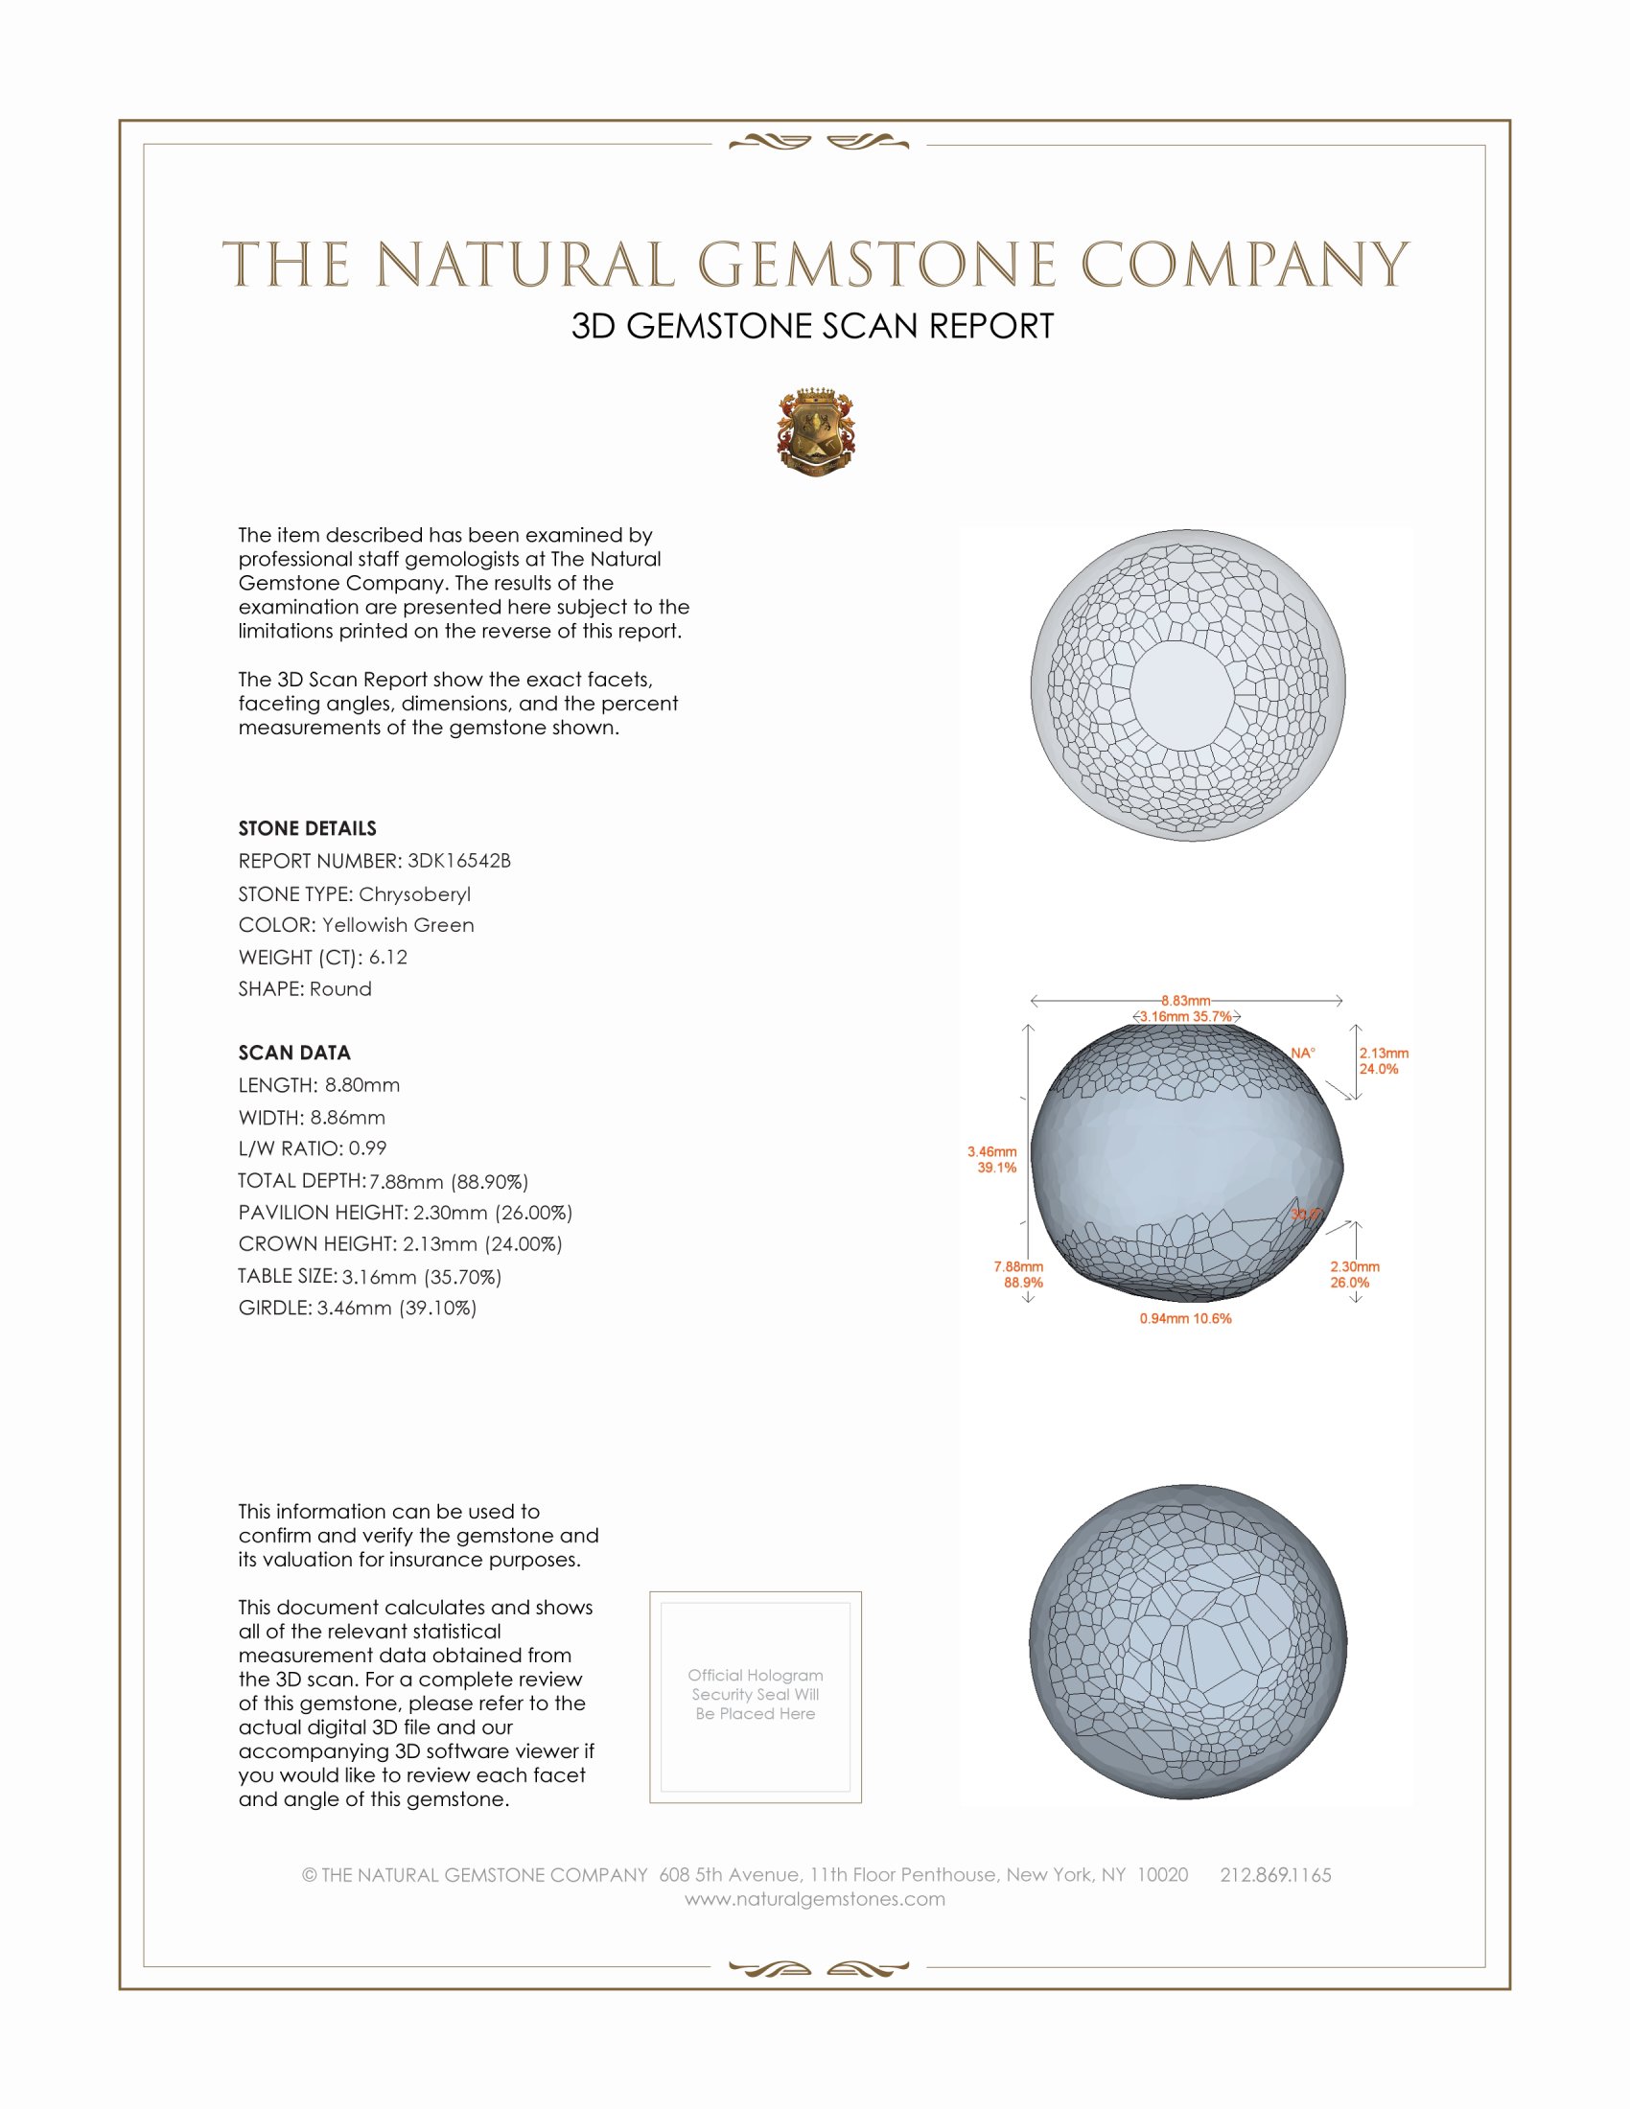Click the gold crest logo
coord(816,431)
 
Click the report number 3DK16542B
coord(458,861)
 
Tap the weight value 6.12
coord(388,957)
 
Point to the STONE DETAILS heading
coord(307,828)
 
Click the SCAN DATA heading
coord(294,1053)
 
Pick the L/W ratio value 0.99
coord(367,1148)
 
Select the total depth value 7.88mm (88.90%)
coord(449,1181)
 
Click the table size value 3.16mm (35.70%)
coord(422,1277)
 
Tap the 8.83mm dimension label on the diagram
coord(1186,1001)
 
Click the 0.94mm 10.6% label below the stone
coord(1185,1318)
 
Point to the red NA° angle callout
coord(1303,1053)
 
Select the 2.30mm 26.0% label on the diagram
coord(1354,1274)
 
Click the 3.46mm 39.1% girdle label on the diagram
coord(992,1159)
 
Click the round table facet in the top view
coord(1182,693)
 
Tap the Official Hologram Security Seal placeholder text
coord(756,1694)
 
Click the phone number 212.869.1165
coord(1274,1874)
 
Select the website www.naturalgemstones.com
coord(815,1898)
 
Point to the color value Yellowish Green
coord(398,925)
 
